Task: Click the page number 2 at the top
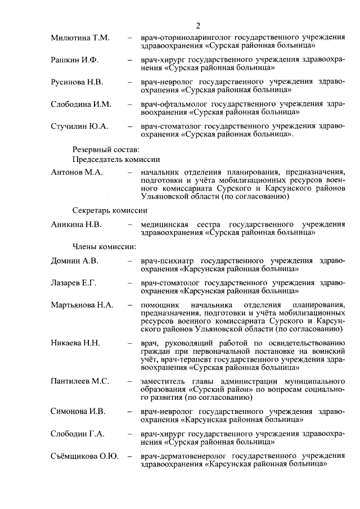[199, 25]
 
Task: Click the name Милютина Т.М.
[80, 38]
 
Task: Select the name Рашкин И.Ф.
[74, 60]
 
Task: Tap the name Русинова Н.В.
[77, 82]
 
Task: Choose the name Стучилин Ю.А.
[79, 126]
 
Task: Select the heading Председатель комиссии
[116, 160]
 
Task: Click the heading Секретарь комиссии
[109, 210]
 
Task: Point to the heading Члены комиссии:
[103, 246]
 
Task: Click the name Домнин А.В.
[74, 261]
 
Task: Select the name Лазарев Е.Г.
[74, 283]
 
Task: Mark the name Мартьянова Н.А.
[82, 305]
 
